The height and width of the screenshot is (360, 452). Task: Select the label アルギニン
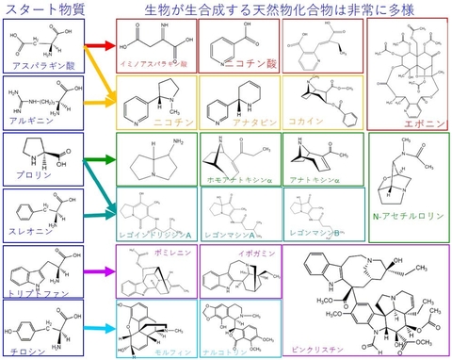coord(32,121)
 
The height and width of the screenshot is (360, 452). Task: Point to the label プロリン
coord(30,175)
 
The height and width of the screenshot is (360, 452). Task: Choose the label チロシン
coord(30,347)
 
